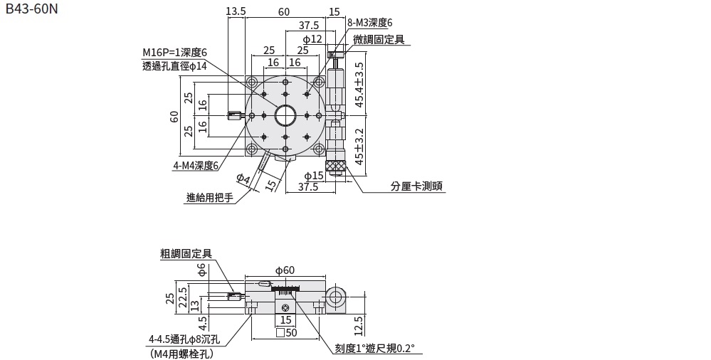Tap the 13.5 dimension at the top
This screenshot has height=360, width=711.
tap(235, 11)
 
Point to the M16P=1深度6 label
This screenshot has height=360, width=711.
tap(174, 53)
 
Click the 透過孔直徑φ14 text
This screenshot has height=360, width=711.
tap(174, 66)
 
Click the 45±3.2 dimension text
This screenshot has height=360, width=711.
tap(359, 145)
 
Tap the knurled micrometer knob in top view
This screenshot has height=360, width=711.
tap(336, 168)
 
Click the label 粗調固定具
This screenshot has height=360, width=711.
tap(186, 253)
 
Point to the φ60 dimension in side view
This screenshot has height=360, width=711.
tap(284, 270)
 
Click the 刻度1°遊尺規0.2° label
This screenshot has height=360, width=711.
tap(374, 349)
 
